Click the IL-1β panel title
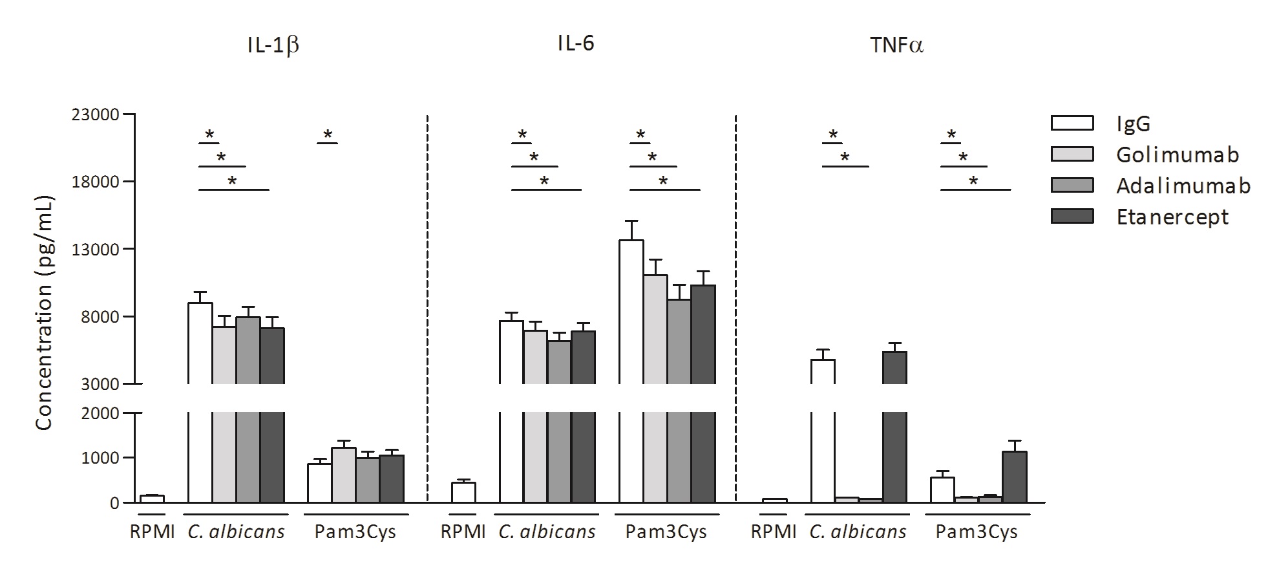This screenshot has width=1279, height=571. click(273, 47)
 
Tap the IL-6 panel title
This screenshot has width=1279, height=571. click(576, 43)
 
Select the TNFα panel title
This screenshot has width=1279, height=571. click(896, 45)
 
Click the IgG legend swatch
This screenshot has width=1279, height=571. click(1072, 123)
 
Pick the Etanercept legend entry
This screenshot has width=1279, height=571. click(1172, 217)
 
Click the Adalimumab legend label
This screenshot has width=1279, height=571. click(1183, 186)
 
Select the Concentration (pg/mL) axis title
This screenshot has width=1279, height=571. click(44, 312)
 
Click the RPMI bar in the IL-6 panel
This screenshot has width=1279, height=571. click(463, 492)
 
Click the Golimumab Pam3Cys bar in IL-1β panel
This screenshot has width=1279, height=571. click(343, 475)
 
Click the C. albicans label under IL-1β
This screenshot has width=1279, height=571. click(236, 532)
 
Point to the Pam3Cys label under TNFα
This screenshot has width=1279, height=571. click(977, 532)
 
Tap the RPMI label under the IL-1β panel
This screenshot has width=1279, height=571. click(152, 532)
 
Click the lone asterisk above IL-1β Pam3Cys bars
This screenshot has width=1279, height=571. click(328, 135)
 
